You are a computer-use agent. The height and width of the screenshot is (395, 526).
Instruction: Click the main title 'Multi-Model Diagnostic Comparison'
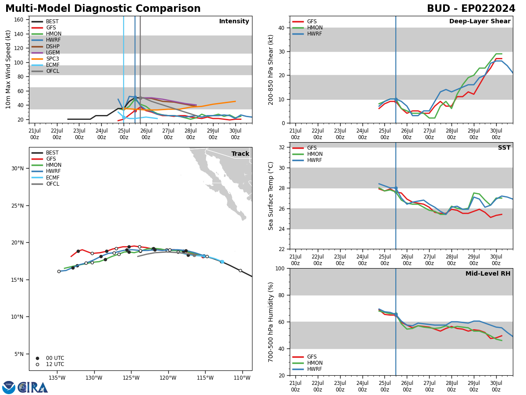click(x=103, y=9)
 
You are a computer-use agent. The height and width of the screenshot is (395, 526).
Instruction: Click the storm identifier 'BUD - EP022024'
click(x=471, y=9)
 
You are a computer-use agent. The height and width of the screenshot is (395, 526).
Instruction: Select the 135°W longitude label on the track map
click(x=57, y=378)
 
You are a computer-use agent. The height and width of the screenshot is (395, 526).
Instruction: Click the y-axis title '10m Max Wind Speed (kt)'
click(x=9, y=69)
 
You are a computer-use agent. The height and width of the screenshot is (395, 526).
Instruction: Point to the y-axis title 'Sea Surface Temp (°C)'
click(x=271, y=196)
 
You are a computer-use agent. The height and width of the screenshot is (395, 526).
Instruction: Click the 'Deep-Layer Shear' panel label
click(x=480, y=22)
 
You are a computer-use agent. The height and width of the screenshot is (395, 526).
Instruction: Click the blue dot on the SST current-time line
click(x=396, y=188)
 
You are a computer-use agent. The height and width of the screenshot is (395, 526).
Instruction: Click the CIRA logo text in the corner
click(x=33, y=388)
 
